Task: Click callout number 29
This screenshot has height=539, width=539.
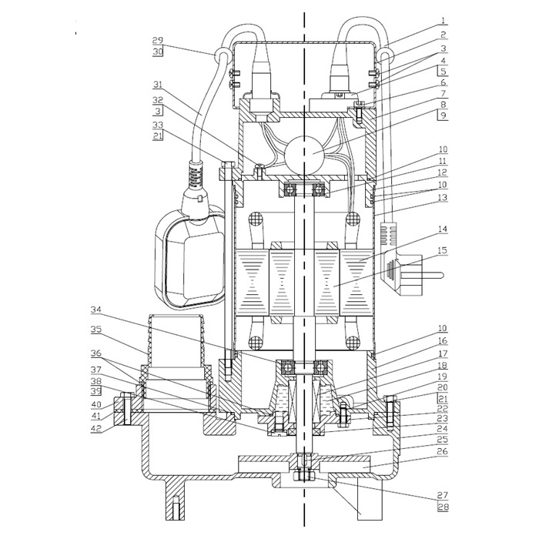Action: click(x=157, y=40)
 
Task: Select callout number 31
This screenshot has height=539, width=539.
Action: click(x=157, y=85)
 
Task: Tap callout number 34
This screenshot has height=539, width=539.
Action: click(x=96, y=310)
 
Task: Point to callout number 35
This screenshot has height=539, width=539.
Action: click(x=96, y=330)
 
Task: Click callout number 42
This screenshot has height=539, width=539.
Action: click(x=96, y=428)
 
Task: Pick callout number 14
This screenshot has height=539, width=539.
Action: click(x=443, y=229)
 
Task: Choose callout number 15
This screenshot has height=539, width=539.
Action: click(x=443, y=250)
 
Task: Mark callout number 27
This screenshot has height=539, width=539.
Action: click(x=443, y=494)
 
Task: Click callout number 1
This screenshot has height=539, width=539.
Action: click(x=444, y=20)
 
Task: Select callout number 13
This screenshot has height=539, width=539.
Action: click(x=443, y=197)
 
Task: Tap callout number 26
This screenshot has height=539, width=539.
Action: click(x=443, y=451)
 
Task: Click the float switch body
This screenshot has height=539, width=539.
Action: click(x=190, y=256)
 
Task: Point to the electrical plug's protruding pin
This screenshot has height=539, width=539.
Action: click(x=433, y=275)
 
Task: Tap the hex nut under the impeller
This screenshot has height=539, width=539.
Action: click(x=304, y=476)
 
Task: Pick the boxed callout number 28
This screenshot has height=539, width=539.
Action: click(x=443, y=507)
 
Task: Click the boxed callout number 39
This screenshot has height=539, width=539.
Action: click(x=96, y=391)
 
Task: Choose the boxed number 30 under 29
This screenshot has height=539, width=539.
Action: click(x=157, y=52)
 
